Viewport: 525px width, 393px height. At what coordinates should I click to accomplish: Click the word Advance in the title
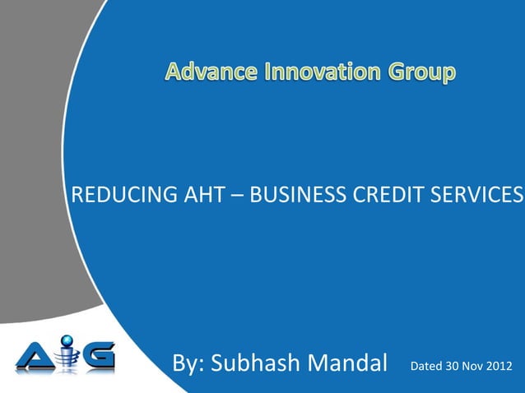tap(209, 74)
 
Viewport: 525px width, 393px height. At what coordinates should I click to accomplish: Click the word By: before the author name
tap(188, 365)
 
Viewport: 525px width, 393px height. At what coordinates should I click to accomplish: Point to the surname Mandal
tap(348, 365)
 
